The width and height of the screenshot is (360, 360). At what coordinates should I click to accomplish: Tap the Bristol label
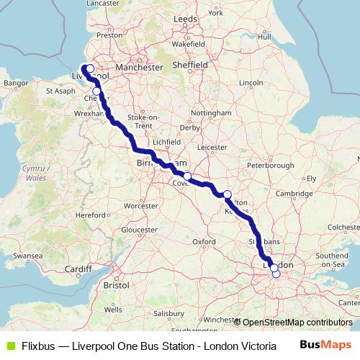point(116,285)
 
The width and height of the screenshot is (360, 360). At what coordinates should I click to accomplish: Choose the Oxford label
point(204,241)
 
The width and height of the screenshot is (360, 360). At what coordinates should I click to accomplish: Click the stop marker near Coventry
point(186,176)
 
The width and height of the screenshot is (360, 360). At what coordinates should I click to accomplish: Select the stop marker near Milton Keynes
point(228,194)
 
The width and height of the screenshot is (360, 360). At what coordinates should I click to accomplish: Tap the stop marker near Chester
point(96,91)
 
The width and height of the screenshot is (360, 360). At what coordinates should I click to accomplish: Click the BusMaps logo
point(325,344)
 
